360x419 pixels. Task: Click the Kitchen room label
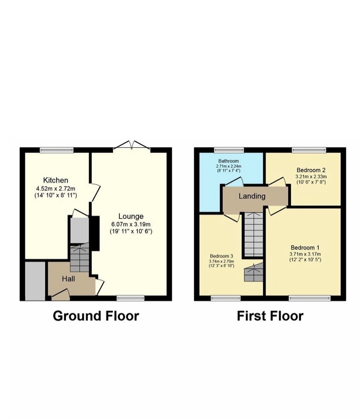[x=56, y=180]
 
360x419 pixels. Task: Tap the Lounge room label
[x=131, y=216]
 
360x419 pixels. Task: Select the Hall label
[x=68, y=279]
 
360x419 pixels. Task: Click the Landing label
[x=252, y=196]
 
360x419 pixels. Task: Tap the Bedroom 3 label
[x=222, y=255]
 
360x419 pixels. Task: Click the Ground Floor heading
[x=96, y=316]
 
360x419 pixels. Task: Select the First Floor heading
[x=270, y=316]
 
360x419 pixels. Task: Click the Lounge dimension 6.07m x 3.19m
[x=132, y=224]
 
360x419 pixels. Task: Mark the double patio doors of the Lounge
[x=132, y=146]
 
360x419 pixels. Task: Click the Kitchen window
[x=56, y=150]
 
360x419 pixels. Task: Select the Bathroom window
[x=229, y=150]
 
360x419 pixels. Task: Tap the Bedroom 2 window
[x=309, y=150]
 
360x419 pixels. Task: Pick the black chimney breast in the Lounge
[x=94, y=233]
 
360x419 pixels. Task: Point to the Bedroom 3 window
[x=226, y=298]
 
